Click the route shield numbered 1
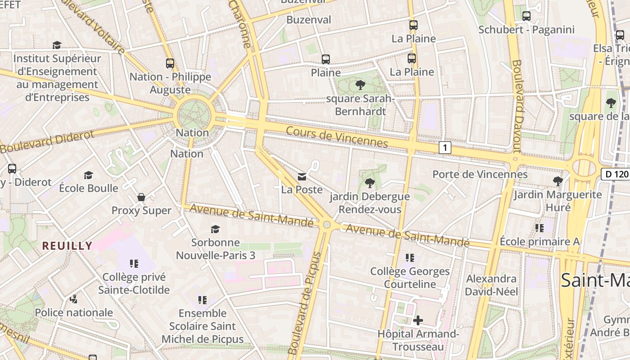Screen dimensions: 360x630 tap(445, 147)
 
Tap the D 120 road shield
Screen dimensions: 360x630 tap(616, 174)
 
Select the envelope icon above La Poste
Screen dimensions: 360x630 tap(302, 176)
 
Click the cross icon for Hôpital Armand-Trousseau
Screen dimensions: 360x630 tap(418, 320)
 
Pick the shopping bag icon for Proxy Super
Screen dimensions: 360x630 tap(141, 197)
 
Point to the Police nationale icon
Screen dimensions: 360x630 tap(74, 299)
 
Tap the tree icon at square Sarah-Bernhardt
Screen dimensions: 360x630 tap(360, 85)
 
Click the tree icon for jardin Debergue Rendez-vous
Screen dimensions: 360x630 tap(369, 183)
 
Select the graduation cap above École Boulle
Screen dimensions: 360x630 tap(89, 175)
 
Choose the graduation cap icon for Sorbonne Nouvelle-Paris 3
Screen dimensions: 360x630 tap(216, 229)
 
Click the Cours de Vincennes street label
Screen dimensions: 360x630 tap(337, 136)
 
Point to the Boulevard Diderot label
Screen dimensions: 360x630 tap(47, 141)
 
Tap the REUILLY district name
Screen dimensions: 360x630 tap(67, 246)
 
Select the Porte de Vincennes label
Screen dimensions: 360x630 tap(480, 174)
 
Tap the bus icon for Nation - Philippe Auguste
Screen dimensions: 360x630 tap(170, 63)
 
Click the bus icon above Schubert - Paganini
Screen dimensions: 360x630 tap(526, 16)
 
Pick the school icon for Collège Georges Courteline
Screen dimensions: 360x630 tap(409, 258)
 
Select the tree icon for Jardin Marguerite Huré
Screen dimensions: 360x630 tap(558, 181)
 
